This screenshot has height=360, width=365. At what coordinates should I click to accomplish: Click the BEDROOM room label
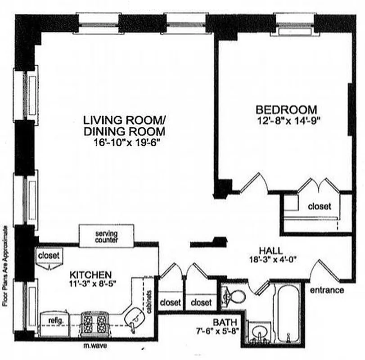click(x=286, y=109)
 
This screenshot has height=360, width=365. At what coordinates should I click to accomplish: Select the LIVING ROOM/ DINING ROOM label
click(x=124, y=126)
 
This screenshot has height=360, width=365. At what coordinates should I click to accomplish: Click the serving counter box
click(x=107, y=237)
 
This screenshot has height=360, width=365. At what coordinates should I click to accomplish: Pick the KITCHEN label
click(x=90, y=274)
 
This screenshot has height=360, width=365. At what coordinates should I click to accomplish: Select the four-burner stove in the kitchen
click(x=94, y=322)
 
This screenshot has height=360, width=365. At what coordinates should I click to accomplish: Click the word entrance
click(x=327, y=290)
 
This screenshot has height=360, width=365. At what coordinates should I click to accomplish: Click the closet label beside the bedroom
click(x=319, y=207)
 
